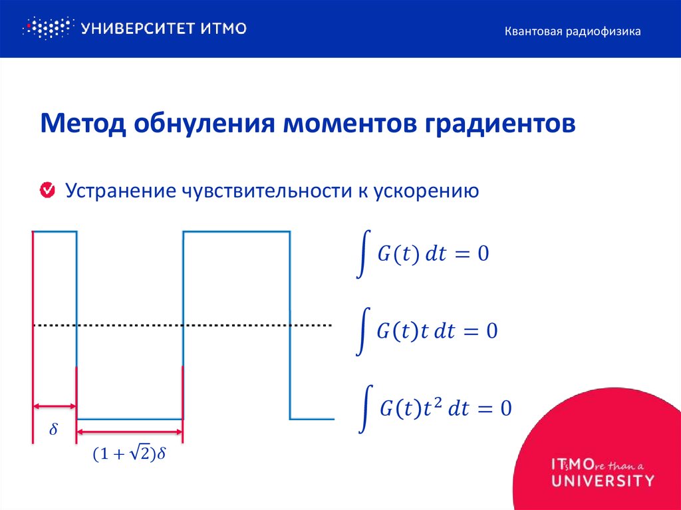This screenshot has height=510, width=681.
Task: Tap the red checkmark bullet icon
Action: (49, 191)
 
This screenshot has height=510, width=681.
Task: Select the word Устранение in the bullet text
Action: (119, 191)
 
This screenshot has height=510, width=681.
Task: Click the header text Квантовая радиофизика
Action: (572, 31)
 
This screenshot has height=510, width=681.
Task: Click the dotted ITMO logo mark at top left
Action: (47, 28)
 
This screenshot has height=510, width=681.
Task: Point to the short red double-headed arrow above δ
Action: (55, 406)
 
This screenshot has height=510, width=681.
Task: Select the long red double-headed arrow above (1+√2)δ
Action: (130, 432)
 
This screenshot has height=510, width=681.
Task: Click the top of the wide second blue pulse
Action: (236, 231)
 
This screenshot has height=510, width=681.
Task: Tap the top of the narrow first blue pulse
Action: (55, 231)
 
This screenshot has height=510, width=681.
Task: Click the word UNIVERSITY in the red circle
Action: (603, 479)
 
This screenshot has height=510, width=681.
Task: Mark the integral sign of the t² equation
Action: (364, 408)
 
